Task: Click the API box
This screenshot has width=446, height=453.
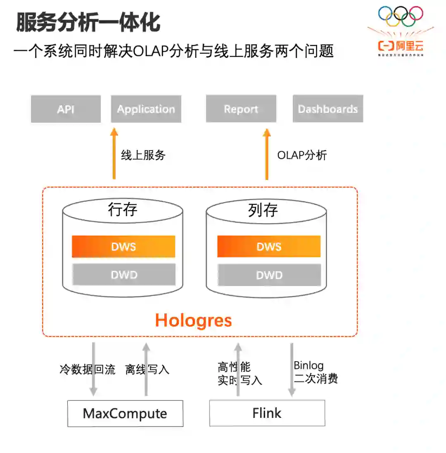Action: pyautogui.click(x=66, y=109)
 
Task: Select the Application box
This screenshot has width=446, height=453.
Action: pyautogui.click(x=146, y=109)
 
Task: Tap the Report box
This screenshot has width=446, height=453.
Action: pyautogui.click(x=241, y=109)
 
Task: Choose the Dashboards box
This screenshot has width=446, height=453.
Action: pyautogui.click(x=328, y=109)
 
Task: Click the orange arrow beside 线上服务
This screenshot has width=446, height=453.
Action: pyautogui.click(x=114, y=154)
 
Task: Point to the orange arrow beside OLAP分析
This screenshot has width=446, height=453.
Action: pyautogui.click(x=267, y=154)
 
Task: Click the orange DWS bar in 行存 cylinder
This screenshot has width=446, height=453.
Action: pyautogui.click(x=123, y=247)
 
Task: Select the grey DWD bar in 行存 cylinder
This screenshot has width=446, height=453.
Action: pyautogui.click(x=123, y=275)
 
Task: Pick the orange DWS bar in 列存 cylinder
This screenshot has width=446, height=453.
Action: pyautogui.click(x=269, y=247)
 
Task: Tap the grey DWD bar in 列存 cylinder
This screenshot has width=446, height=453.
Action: pyautogui.click(x=269, y=275)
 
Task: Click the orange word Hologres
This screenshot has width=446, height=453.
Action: pyautogui.click(x=193, y=320)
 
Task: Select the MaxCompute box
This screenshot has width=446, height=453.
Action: pyautogui.click(x=125, y=413)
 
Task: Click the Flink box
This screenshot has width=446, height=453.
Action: pyautogui.click(x=267, y=413)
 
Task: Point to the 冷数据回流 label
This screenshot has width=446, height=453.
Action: pyautogui.click(x=88, y=369)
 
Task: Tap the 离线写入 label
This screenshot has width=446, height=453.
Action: pyautogui.click(x=147, y=369)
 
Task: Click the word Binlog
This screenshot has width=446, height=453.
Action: pyautogui.click(x=309, y=365)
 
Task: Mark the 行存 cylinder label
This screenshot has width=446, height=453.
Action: pyautogui.click(x=123, y=210)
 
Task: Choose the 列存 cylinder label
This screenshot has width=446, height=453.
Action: pyautogui.click(x=263, y=210)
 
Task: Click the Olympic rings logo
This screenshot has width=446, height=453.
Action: pyautogui.click(x=401, y=17)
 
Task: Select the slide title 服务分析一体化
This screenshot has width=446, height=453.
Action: pyautogui.click(x=88, y=22)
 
